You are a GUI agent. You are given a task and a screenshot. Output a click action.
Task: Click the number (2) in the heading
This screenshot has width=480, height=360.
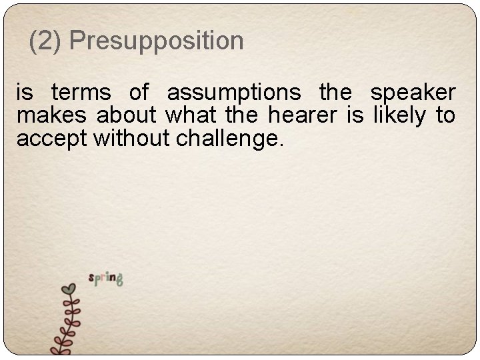point(46,41)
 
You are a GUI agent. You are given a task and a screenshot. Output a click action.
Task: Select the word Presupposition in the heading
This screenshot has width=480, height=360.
point(156,41)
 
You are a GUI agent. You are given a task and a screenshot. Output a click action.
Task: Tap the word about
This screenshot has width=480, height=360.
point(127,117)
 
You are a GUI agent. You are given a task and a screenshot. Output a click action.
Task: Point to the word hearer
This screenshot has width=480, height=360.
point(305,117)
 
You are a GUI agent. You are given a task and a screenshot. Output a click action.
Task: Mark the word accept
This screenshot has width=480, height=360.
point(53,140)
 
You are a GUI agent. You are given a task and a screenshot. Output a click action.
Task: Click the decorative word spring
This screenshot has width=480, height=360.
point(106,278)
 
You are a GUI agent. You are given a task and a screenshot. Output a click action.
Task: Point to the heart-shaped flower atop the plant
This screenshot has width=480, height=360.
point(68,289)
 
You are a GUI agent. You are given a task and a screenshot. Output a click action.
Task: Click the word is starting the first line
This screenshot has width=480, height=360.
point(25,93)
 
